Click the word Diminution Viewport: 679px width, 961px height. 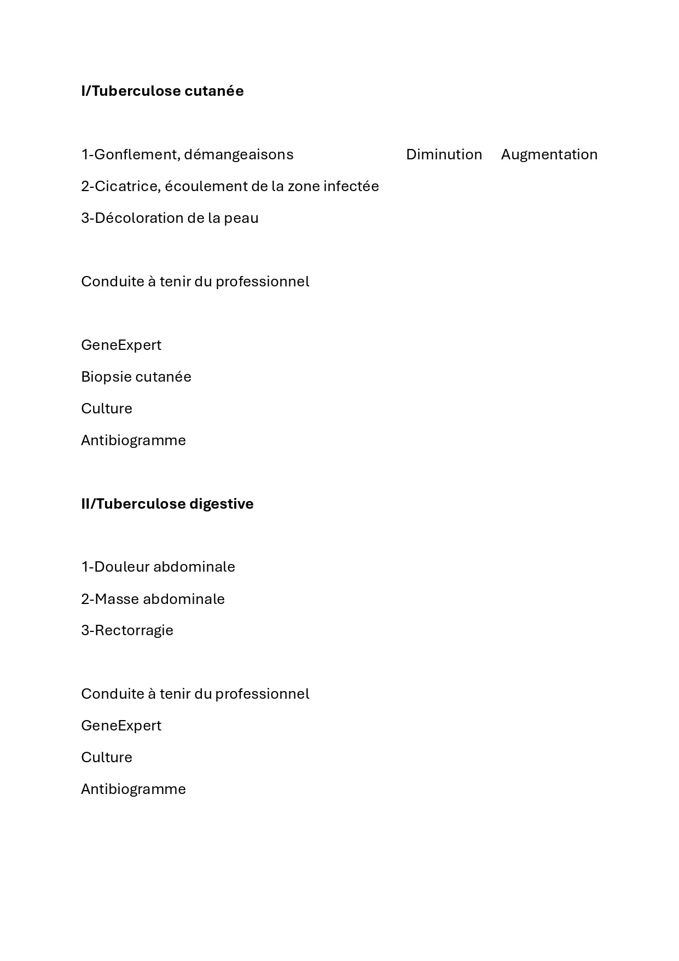[x=444, y=154]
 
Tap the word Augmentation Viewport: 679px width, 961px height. [x=549, y=154]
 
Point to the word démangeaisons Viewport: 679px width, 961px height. [x=239, y=154]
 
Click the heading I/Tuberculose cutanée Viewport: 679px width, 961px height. [x=163, y=91]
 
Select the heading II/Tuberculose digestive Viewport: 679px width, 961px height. [x=167, y=504]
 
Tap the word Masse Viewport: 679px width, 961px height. [x=117, y=599]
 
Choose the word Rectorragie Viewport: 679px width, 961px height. [x=134, y=630]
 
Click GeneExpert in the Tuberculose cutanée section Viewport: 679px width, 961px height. [x=121, y=345]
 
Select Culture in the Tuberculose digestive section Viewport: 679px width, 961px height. [x=107, y=757]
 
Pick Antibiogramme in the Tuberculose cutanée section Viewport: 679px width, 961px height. [x=134, y=440]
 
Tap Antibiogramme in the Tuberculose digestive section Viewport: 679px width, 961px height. [x=134, y=789]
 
